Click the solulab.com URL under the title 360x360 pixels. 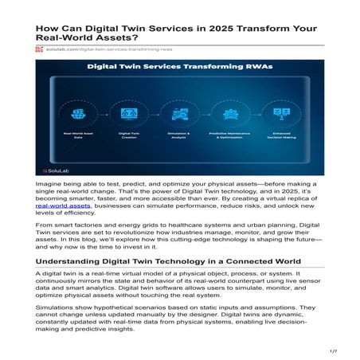coord(102,49)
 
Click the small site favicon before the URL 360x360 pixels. coord(39,49)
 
